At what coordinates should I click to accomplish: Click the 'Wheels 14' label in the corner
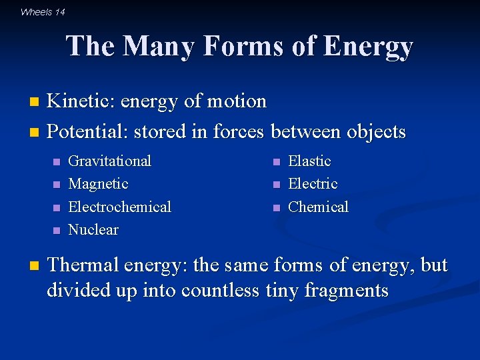(43, 11)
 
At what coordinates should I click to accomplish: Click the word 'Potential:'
(88, 132)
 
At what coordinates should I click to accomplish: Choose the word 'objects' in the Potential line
(375, 132)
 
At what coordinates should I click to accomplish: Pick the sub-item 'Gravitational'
(110, 161)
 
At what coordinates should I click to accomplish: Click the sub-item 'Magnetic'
(98, 184)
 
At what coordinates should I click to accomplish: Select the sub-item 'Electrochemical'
(120, 207)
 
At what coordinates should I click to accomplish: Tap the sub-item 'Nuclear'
(93, 230)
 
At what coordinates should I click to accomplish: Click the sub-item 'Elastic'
(309, 161)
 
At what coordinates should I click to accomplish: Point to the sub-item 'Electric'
(313, 184)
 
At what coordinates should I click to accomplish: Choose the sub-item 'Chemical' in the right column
(318, 207)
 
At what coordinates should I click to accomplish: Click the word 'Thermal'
(84, 265)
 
